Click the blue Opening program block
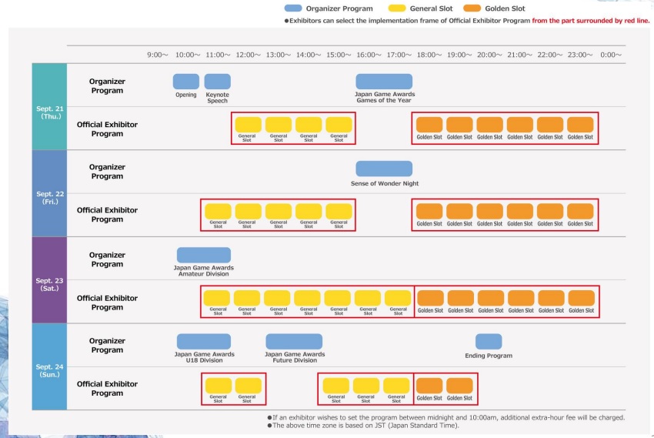pyautogui.click(x=186, y=81)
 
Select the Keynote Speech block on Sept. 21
pyautogui.click(x=217, y=81)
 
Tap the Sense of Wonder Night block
pyautogui.click(x=384, y=169)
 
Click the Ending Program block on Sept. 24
pyautogui.click(x=489, y=341)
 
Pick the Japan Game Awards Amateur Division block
pyautogui.click(x=203, y=255)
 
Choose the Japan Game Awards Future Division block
pyautogui.click(x=294, y=341)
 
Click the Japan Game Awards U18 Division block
pyautogui.click(x=203, y=341)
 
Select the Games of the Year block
pyautogui.click(x=384, y=81)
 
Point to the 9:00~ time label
pyautogui.click(x=158, y=55)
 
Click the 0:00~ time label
pyautogui.click(x=611, y=55)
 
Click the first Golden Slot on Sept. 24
pyautogui.click(x=429, y=386)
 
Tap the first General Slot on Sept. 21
pyautogui.click(x=248, y=125)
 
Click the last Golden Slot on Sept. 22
pyautogui.click(x=580, y=211)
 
